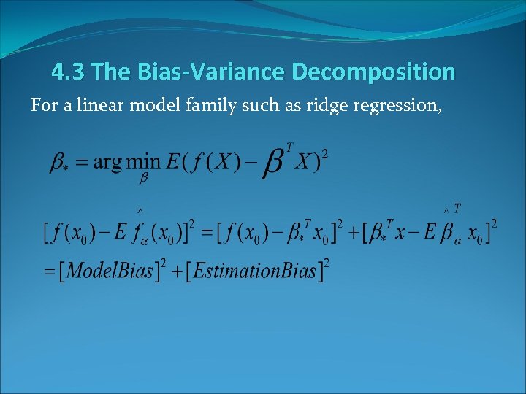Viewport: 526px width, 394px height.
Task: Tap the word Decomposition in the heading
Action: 373,72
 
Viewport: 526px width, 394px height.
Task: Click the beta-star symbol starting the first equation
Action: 58,163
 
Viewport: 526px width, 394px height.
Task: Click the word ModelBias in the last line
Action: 110,271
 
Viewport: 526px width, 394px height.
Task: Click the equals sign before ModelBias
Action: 51,271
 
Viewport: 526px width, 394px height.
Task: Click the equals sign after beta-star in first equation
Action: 81,163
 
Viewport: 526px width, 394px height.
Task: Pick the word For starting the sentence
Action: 42,106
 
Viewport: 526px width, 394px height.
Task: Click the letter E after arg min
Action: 175,161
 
